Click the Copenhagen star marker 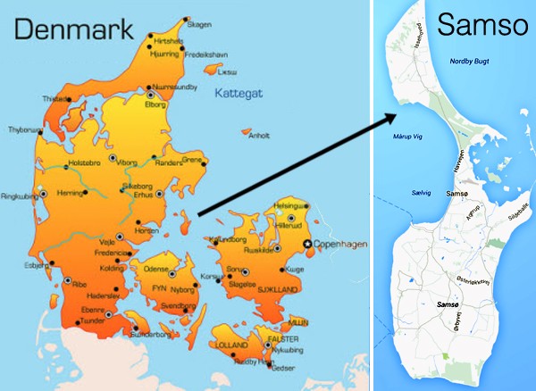pos(308,244)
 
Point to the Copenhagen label pos(338,244)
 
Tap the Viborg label pos(128,162)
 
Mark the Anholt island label pos(258,137)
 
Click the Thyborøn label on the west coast pos(24,129)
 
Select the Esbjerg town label pos(37,265)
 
